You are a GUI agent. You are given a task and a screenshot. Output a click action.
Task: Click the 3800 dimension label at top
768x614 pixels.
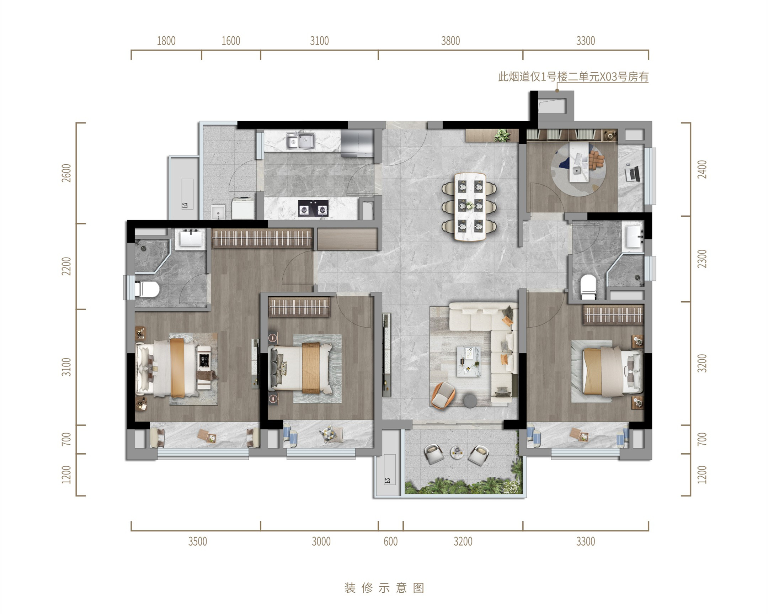[x=450, y=41]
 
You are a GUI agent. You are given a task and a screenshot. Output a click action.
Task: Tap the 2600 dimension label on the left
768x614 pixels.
[x=66, y=173]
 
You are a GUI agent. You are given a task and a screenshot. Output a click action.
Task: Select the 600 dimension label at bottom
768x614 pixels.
[x=390, y=542]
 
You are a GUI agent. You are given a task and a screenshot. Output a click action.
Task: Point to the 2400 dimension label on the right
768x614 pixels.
[x=702, y=169]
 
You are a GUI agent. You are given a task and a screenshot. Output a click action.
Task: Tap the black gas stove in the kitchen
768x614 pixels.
[x=313, y=208]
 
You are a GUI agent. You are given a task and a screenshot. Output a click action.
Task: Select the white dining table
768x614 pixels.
[x=470, y=207]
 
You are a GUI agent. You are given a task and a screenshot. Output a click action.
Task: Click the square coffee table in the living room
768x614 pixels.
[x=469, y=361]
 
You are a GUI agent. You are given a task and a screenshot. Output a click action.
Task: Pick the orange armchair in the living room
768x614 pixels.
[x=443, y=395]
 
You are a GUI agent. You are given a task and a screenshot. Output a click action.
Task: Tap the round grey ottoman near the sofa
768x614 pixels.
[x=470, y=401]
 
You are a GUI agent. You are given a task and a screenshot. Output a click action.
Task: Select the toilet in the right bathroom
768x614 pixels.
[x=588, y=286]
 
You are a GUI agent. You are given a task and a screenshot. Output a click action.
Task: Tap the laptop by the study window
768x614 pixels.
[x=632, y=174]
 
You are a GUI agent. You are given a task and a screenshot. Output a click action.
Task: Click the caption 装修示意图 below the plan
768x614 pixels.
[x=384, y=588]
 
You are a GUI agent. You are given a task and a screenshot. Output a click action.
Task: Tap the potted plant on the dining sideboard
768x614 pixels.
[x=502, y=136]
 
